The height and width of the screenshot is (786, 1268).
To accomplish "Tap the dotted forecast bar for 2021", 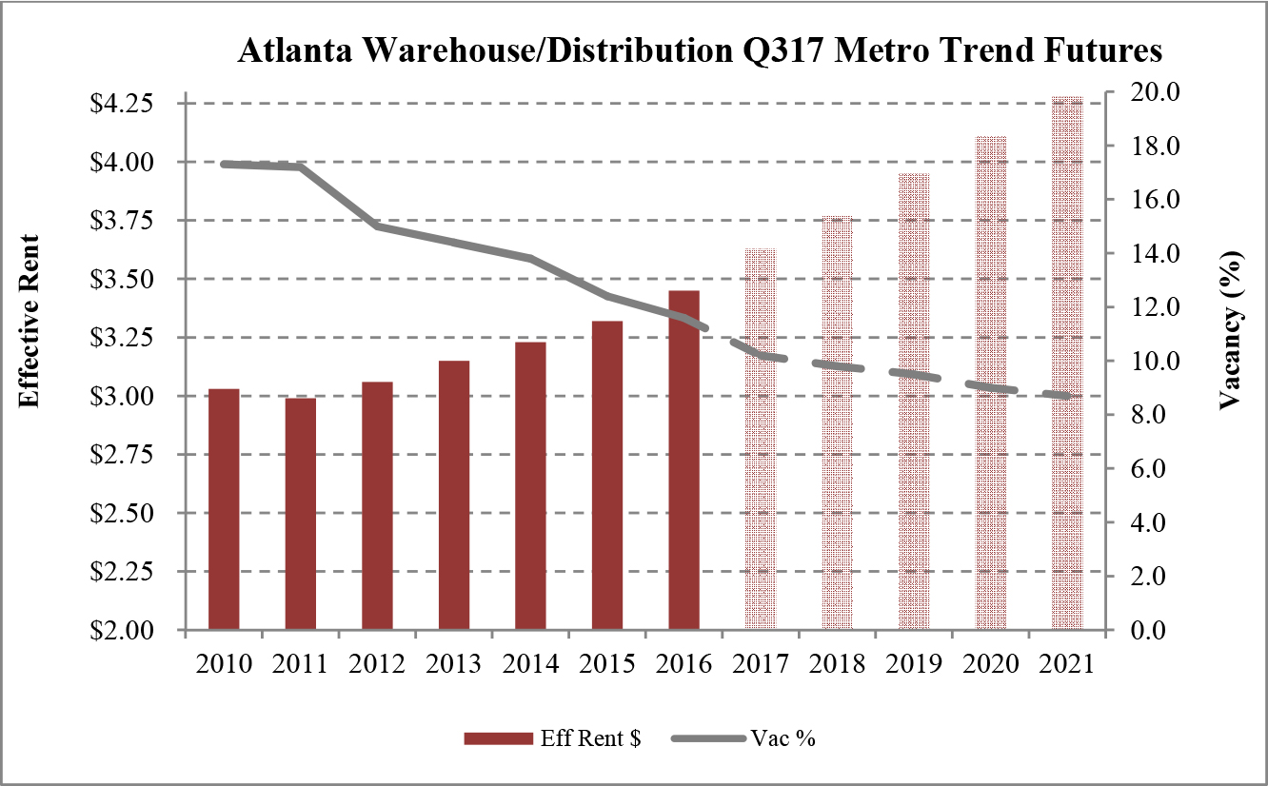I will coord(1066,363).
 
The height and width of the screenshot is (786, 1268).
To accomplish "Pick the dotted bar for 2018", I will coord(837,422).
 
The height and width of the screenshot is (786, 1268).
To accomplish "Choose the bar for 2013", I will coord(454,495).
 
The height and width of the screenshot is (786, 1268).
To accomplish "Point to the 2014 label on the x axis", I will coord(530,663).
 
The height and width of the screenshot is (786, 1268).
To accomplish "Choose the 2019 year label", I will coord(913,663).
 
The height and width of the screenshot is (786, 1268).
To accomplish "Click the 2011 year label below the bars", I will coord(301,663).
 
